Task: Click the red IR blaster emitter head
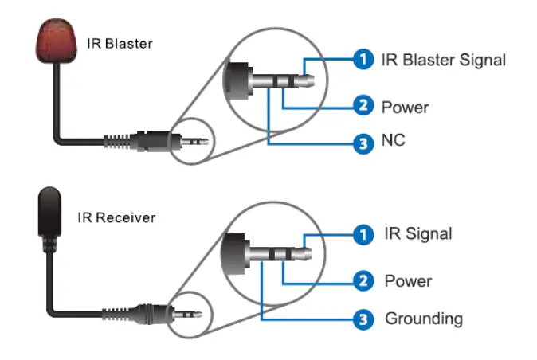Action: click(x=56, y=41)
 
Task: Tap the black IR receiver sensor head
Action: click(x=50, y=212)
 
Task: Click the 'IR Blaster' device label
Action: click(x=120, y=44)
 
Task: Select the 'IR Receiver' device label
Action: click(x=116, y=217)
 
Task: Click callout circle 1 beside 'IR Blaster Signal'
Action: click(x=363, y=59)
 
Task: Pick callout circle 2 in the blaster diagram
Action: click(x=363, y=105)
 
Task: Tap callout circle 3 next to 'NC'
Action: click(x=363, y=143)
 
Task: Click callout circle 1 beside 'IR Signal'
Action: click(x=363, y=235)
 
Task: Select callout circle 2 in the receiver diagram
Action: click(x=363, y=281)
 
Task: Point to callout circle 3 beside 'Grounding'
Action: click(x=363, y=319)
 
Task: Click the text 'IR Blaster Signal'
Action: click(x=444, y=60)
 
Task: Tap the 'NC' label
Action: click(x=393, y=140)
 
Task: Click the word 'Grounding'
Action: click(x=424, y=319)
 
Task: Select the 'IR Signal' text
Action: click(x=418, y=233)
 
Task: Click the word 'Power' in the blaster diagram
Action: click(x=406, y=108)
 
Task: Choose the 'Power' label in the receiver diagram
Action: click(x=408, y=281)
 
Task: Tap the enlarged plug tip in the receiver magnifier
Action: click(x=302, y=254)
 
